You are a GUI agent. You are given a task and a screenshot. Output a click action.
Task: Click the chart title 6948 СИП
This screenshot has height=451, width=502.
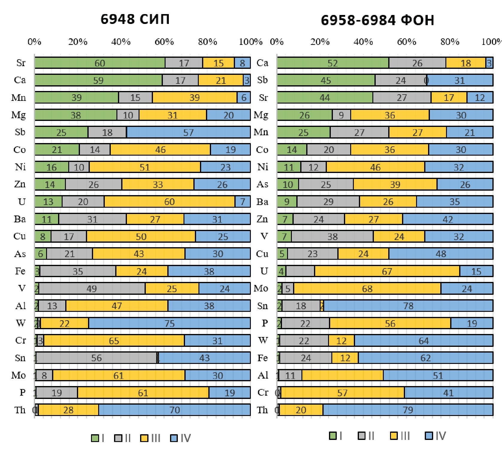[x=135, y=19]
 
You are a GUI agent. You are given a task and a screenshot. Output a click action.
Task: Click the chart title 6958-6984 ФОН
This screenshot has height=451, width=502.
[x=377, y=20]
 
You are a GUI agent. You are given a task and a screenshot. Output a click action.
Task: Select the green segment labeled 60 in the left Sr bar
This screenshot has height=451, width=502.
[x=100, y=63]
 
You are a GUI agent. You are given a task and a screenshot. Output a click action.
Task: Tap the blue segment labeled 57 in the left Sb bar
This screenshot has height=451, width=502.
[x=188, y=132]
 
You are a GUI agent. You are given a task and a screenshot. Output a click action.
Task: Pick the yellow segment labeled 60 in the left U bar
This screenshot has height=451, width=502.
[x=169, y=201]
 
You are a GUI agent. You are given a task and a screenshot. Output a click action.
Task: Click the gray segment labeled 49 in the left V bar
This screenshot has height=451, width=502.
[x=92, y=288]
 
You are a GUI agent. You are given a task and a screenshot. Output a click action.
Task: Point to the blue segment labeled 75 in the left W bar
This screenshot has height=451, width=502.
[x=169, y=323]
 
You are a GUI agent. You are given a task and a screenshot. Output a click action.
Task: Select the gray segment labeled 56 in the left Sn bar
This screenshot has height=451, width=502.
[x=96, y=358]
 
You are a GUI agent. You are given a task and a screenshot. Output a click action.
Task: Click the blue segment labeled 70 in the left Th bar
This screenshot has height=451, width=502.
[x=175, y=410]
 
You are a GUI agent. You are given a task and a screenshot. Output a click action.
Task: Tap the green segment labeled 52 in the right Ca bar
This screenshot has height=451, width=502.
[x=333, y=63]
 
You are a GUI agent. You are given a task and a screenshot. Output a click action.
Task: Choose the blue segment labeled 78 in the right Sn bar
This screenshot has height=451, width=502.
[x=408, y=306]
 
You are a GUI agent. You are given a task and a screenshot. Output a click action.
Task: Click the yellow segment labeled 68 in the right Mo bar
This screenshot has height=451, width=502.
[x=367, y=288]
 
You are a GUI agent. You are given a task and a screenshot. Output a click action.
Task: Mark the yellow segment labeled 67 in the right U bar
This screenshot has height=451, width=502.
[x=387, y=271]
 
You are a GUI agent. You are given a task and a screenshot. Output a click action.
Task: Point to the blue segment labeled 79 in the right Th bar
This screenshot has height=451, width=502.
[x=408, y=410]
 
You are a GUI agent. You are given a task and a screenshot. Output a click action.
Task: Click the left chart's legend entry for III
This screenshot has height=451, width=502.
[x=151, y=438]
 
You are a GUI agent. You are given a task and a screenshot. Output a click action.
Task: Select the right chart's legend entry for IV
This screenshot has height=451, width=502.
[x=436, y=436]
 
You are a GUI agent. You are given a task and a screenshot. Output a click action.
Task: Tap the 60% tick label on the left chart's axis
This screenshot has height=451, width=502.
[x=164, y=42]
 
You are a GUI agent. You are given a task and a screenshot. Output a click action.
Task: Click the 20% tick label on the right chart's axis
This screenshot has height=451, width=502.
[x=320, y=42]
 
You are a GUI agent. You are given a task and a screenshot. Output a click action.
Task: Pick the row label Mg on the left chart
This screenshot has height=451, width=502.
[x=19, y=115]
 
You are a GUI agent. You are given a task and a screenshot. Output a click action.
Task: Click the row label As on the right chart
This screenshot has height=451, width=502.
[x=262, y=184]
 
